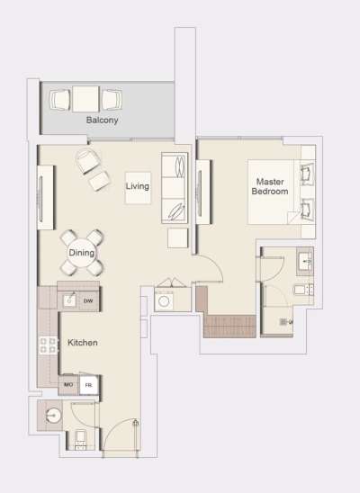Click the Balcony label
click(102, 120)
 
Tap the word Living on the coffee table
click(138, 186)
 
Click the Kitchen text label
click(82, 344)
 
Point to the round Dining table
click(82, 253)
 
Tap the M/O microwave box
click(67, 385)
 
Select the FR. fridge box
click(88, 385)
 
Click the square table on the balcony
click(85, 97)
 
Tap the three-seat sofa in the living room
click(175, 189)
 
